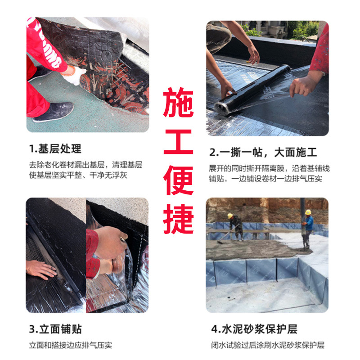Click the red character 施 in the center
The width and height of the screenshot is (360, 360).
tap(178, 103)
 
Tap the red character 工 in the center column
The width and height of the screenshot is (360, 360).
tap(178, 142)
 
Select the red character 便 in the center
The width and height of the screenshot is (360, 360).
tap(178, 180)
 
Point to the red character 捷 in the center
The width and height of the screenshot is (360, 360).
tap(178, 219)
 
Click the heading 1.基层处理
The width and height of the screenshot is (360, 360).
tap(55, 149)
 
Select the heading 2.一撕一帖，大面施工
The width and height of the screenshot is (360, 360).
tap(263, 153)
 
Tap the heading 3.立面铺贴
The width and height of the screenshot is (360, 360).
tap(55, 329)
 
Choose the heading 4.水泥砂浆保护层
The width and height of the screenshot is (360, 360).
tap(254, 329)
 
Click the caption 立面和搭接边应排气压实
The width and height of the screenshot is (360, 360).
tap(71, 345)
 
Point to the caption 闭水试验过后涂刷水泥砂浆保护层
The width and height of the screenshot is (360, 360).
tap(268, 345)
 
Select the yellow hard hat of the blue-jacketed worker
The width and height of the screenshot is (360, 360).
tap(308, 212)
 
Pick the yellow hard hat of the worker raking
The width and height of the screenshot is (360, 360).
tap(230, 216)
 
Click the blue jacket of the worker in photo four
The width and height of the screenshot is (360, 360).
tap(309, 223)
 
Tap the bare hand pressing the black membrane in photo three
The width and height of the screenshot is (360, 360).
tap(41, 269)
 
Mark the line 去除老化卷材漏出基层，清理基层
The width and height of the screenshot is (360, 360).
tap(85, 165)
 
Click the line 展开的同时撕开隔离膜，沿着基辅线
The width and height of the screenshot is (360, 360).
tap(269, 168)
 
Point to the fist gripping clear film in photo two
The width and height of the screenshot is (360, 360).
tap(303, 85)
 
